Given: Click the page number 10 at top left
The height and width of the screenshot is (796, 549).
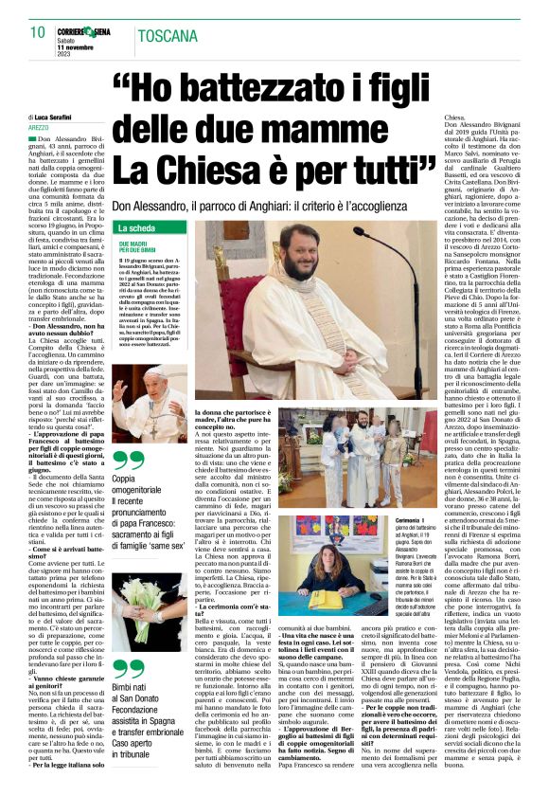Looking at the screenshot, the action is [x=38, y=33].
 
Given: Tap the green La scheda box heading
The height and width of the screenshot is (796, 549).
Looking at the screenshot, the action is [x=136, y=228].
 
